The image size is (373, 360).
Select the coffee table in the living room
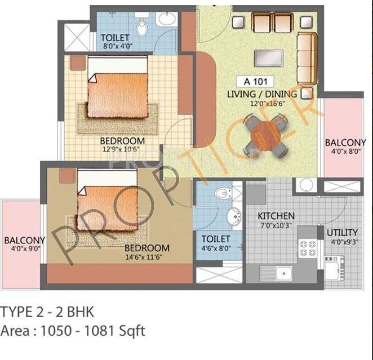(x=268, y=57)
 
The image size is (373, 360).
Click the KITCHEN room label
(x=276, y=216)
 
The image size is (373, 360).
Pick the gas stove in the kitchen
(x=308, y=246)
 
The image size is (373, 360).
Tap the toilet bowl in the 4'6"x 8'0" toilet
(x=224, y=193)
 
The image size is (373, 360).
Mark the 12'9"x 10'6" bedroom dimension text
(x=123, y=149)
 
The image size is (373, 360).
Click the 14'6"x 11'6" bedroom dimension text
(x=147, y=257)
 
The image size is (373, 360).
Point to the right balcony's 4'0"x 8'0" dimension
(x=345, y=152)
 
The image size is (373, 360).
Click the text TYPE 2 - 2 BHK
(x=47, y=311)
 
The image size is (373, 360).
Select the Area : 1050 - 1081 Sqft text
(x=73, y=330)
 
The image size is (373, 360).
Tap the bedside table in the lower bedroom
(x=66, y=175)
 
